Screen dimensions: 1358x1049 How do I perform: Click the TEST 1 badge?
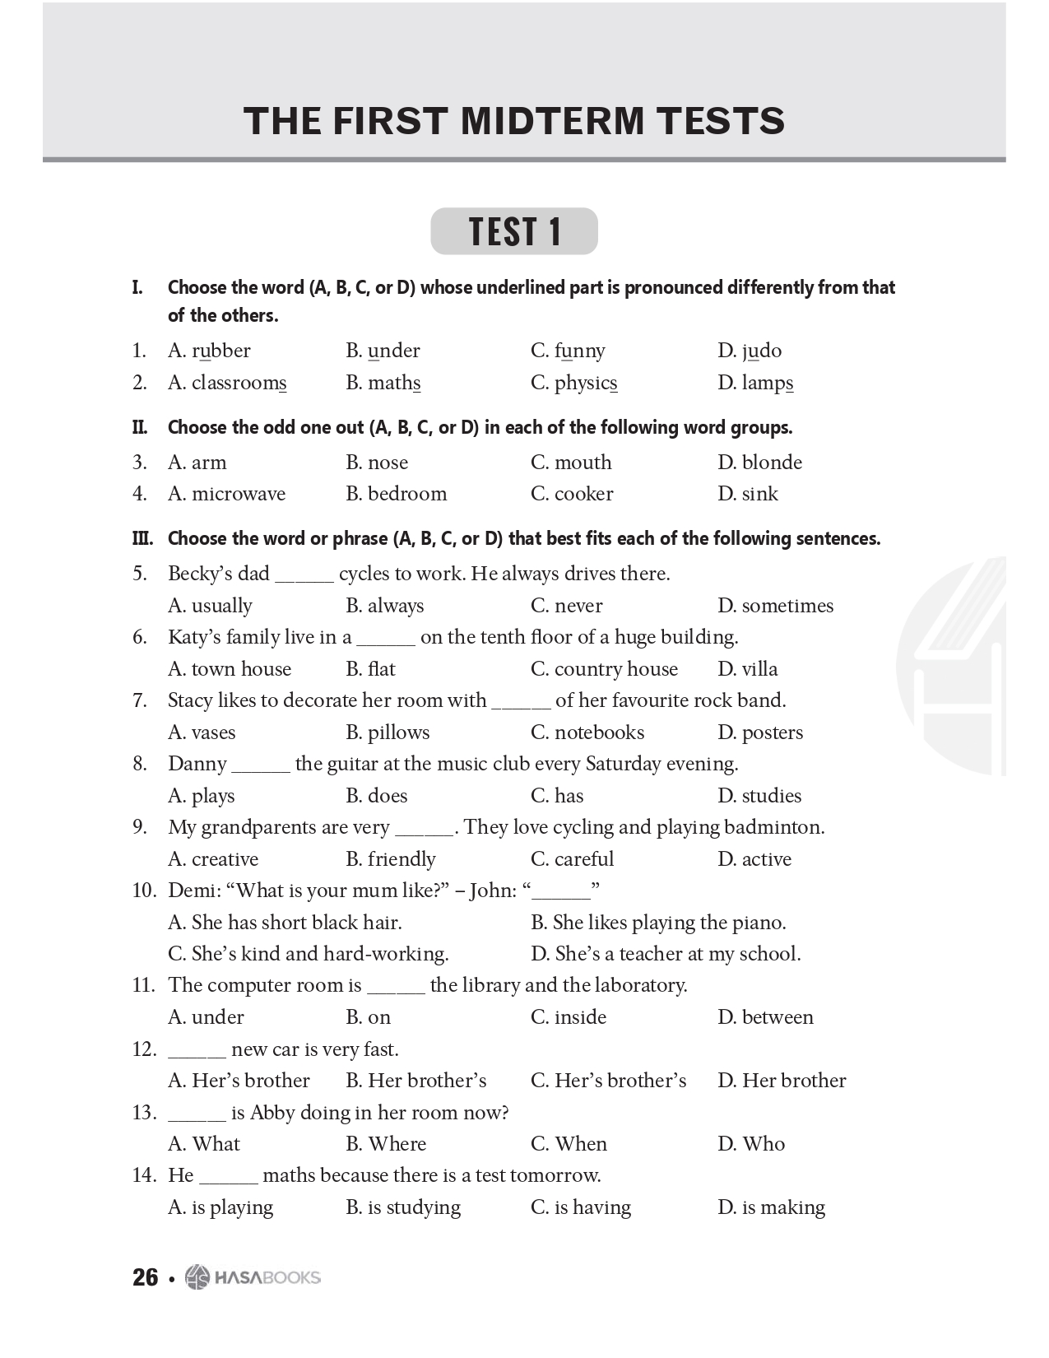click(x=514, y=231)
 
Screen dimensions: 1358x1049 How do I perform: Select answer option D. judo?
click(x=749, y=351)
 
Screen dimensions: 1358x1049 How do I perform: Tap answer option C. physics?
click(x=573, y=383)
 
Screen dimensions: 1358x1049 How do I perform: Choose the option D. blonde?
click(x=759, y=463)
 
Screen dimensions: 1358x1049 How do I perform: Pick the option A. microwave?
click(x=226, y=494)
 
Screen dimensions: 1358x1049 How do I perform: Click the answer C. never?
click(x=566, y=606)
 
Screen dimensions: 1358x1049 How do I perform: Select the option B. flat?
click(x=370, y=669)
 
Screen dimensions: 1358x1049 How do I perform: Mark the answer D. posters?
click(x=759, y=732)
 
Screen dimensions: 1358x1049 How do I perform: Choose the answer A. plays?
click(x=201, y=796)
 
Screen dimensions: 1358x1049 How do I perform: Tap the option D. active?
click(x=754, y=859)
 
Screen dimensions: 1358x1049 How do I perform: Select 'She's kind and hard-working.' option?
click(x=308, y=954)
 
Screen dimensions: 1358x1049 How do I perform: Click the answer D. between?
click(x=764, y=1017)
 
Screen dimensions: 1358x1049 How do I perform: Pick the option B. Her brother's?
click(x=415, y=1081)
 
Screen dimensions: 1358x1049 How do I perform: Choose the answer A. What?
click(x=203, y=1144)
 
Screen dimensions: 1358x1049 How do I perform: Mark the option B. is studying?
click(x=403, y=1207)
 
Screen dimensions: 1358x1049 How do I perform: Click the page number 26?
click(x=145, y=1277)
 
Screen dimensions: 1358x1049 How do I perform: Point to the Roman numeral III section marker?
click(x=142, y=539)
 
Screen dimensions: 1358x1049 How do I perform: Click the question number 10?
click(x=143, y=891)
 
